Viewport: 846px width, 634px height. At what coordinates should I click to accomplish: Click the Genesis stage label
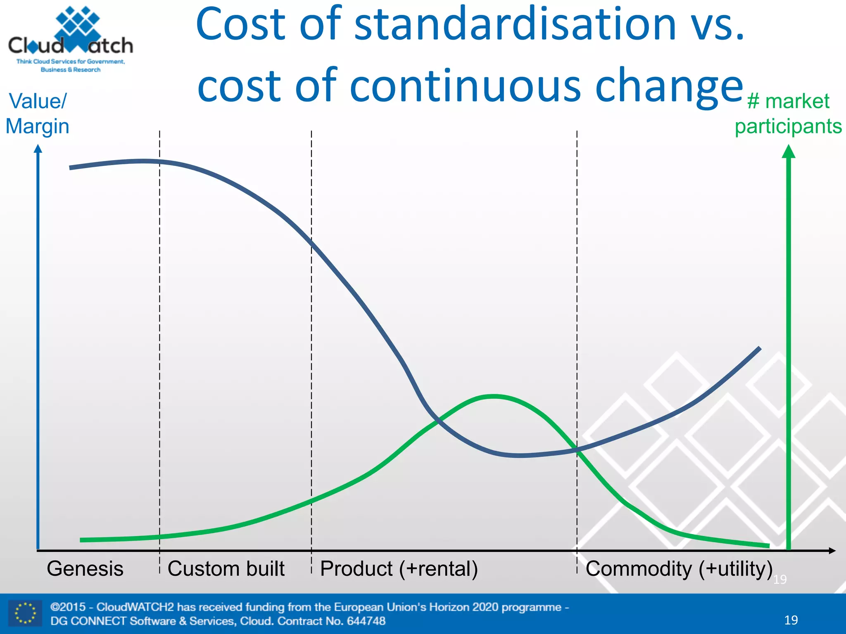click(85, 569)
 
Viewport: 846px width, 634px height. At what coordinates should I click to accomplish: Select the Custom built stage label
click(226, 569)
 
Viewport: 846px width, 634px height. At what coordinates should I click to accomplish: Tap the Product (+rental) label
click(399, 569)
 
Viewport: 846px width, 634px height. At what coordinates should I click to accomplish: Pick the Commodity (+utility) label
click(679, 569)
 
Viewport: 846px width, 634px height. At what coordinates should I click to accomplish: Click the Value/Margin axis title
click(37, 114)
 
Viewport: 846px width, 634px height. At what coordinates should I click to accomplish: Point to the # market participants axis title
click(788, 114)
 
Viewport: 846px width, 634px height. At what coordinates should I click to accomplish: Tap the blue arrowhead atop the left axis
click(38, 149)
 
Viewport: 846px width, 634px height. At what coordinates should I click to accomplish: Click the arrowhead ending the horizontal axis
click(832, 551)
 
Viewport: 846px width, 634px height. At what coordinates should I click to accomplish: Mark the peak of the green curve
click(494, 396)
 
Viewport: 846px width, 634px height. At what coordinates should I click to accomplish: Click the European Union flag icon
click(25, 613)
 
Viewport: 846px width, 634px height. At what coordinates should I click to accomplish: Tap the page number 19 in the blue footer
click(791, 620)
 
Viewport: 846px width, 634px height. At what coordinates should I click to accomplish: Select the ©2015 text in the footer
click(68, 607)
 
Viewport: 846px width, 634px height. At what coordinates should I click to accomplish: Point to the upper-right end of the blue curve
click(759, 348)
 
